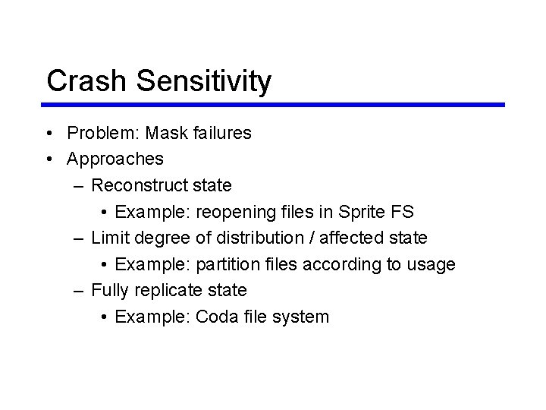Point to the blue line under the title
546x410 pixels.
point(275,105)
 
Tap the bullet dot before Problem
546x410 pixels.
point(48,134)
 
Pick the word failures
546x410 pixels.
point(221,133)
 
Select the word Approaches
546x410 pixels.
point(115,159)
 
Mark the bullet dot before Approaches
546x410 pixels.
point(48,159)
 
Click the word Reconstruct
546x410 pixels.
point(140,185)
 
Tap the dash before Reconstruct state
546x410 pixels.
point(79,185)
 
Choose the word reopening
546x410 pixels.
point(236,212)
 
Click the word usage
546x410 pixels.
point(430,264)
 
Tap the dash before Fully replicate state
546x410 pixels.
point(79,290)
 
